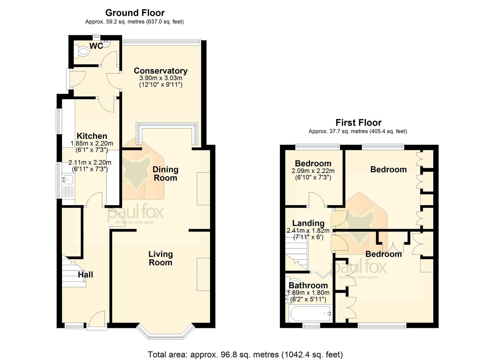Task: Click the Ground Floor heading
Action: tap(135, 13)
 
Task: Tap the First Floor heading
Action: tap(359, 123)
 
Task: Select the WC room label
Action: tap(96, 46)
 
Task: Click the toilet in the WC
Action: tap(82, 51)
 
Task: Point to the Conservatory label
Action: tap(161, 71)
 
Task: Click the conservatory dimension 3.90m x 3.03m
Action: tap(161, 78)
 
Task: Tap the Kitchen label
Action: tap(92, 136)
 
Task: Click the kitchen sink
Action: tap(68, 179)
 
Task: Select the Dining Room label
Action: tap(166, 174)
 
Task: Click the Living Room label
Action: tap(161, 258)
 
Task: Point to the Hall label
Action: tap(85, 275)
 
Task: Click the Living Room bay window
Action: tap(166, 334)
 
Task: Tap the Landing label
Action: tap(308, 223)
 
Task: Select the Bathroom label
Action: tap(308, 285)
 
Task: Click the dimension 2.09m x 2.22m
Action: tap(313, 171)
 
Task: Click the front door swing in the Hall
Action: tap(97, 318)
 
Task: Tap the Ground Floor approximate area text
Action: tap(134, 22)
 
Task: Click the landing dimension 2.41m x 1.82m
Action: tap(308, 231)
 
